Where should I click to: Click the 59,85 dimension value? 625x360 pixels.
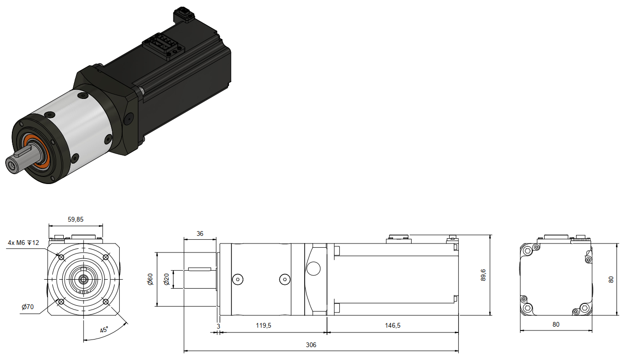76,220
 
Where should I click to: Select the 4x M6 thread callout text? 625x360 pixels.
23,243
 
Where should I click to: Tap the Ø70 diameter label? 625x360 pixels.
28,307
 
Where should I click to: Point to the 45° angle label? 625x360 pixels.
104,330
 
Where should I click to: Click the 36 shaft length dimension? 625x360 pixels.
200,234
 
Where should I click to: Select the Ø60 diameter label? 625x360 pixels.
150,279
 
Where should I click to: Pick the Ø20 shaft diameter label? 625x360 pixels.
166,279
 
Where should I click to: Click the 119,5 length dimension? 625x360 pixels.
263,325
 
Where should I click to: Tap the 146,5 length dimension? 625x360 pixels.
393,325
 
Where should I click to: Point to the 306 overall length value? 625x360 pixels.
311,345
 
